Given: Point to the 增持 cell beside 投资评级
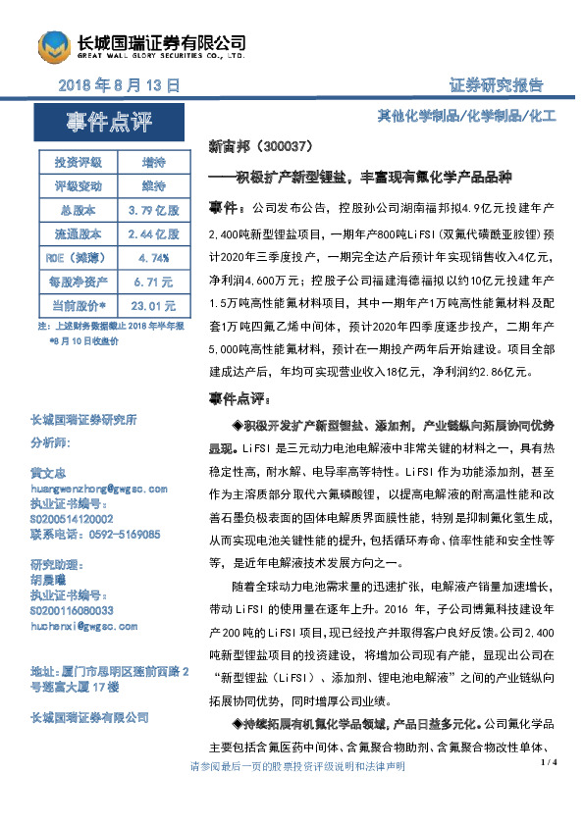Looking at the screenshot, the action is pyautogui.click(x=153, y=162).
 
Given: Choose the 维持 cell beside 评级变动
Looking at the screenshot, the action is pyautogui.click(x=153, y=185).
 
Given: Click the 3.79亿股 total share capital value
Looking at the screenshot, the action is pyautogui.click(x=153, y=210).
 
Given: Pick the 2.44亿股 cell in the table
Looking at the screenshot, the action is pyautogui.click(x=153, y=233).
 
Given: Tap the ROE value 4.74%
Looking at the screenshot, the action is pyautogui.click(x=153, y=257).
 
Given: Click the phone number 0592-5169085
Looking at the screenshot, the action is pyautogui.click(x=123, y=535).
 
